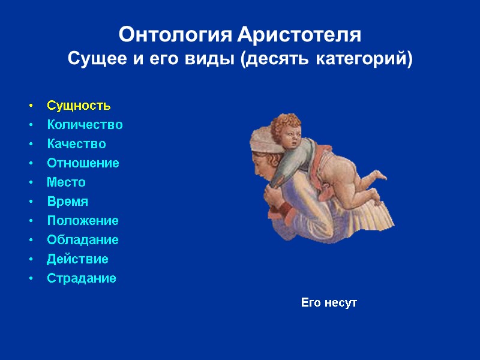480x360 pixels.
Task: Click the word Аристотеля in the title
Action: (x=299, y=35)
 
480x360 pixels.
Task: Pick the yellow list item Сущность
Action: (x=79, y=106)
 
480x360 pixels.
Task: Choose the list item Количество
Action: (x=85, y=125)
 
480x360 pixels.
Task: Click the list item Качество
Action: (x=76, y=144)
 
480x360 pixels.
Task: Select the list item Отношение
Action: (x=83, y=163)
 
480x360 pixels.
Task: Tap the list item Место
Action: (x=66, y=182)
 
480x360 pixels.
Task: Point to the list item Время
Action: (x=67, y=202)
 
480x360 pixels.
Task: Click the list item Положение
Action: (x=83, y=221)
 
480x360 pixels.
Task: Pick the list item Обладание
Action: (x=83, y=240)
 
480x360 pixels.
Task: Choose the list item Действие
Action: (x=77, y=259)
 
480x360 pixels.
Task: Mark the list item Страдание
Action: (x=82, y=278)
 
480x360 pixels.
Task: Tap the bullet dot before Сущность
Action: (x=31, y=106)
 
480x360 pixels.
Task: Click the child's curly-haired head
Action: (x=287, y=129)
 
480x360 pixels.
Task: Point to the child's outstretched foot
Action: (x=379, y=175)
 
